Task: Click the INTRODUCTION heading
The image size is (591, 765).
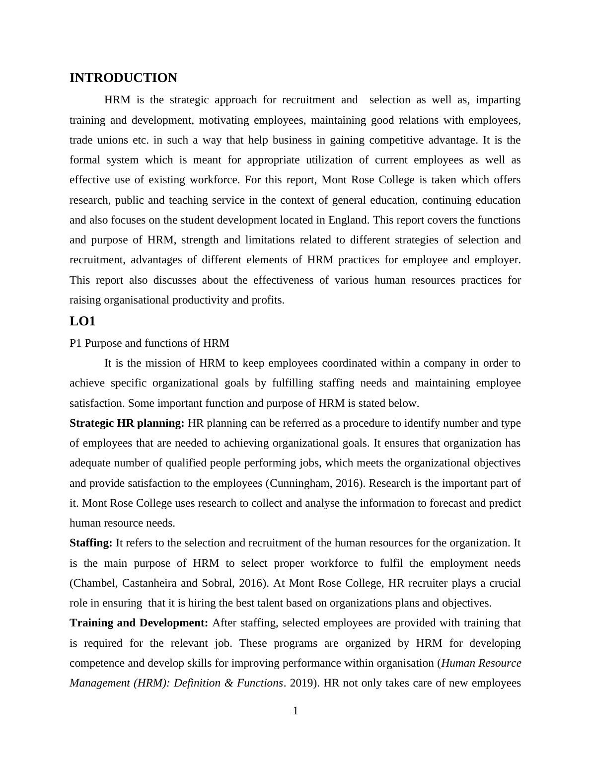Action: [x=123, y=78]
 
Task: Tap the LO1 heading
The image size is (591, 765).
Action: [x=82, y=321]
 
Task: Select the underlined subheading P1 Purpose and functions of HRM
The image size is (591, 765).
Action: [x=149, y=343]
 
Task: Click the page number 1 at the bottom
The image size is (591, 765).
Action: [x=295, y=711]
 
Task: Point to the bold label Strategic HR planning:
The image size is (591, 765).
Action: [x=127, y=423]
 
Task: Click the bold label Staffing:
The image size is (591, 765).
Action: [x=91, y=543]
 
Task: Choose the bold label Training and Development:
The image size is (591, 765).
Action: [x=139, y=623]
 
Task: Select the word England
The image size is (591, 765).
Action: [x=351, y=220]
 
